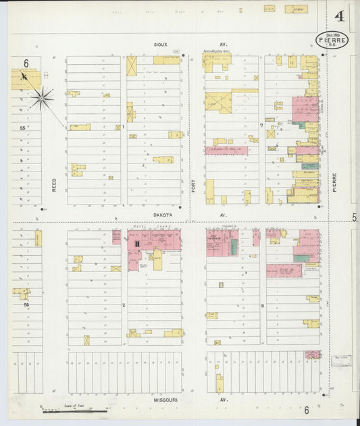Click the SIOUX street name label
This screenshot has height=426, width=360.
point(161,44)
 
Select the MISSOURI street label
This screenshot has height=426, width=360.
point(165,400)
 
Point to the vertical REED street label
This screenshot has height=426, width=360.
point(55,184)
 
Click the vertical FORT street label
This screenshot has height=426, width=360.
point(193,184)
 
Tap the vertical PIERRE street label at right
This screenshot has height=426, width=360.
point(334,184)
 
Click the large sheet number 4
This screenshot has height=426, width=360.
point(336,16)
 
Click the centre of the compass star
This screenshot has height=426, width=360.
point(42,99)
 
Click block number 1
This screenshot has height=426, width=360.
point(124,126)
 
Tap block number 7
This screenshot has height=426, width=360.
point(261,126)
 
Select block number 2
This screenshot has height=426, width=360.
point(124,305)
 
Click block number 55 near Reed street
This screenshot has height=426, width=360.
point(22,127)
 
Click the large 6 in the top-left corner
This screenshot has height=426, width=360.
point(26,63)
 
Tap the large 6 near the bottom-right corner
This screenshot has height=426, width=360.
point(306,410)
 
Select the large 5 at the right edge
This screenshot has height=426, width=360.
point(354,217)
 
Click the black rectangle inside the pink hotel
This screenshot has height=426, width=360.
point(136,243)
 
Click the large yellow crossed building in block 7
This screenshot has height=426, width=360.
point(218,103)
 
